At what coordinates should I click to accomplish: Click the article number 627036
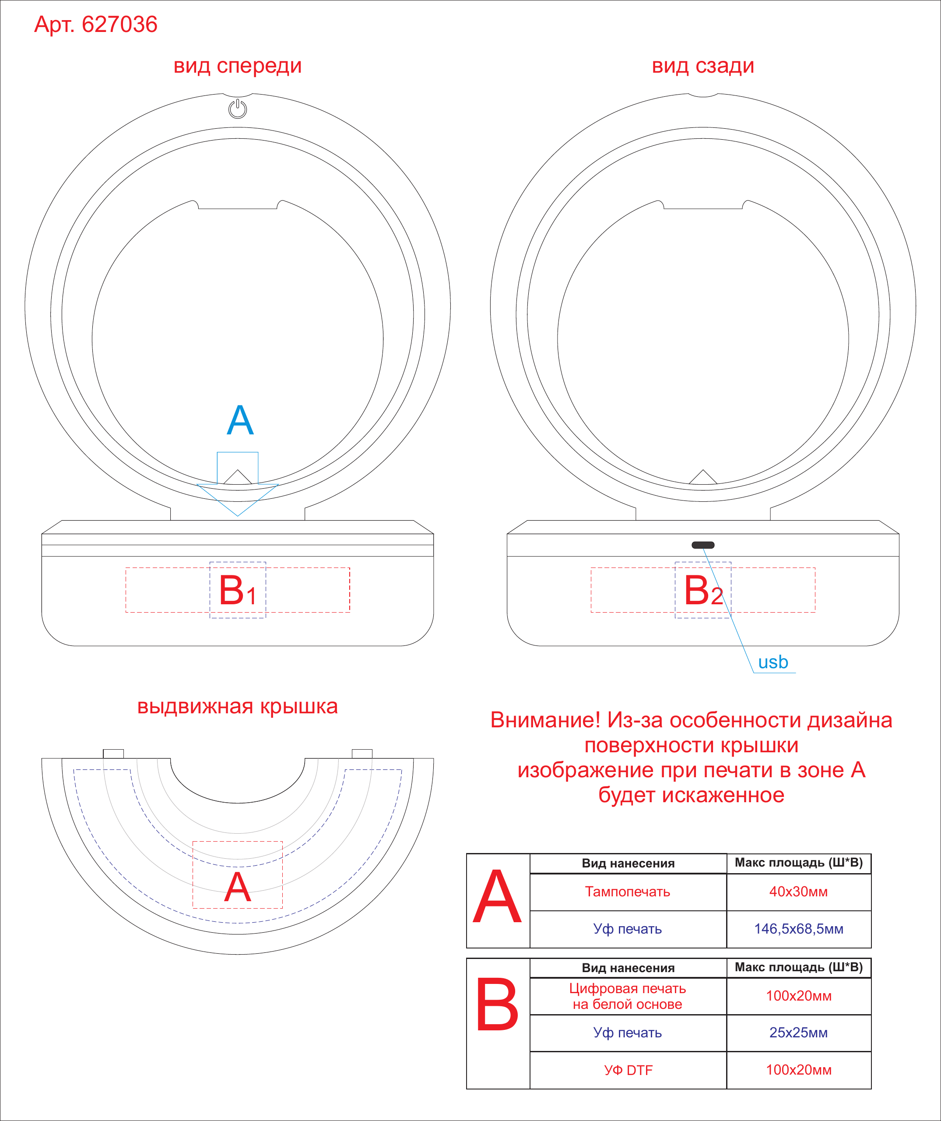[x=119, y=25]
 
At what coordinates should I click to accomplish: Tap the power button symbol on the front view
[x=237, y=109]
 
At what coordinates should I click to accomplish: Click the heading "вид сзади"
[x=703, y=66]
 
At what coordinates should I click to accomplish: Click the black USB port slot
[x=703, y=545]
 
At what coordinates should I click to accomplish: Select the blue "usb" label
[x=773, y=662]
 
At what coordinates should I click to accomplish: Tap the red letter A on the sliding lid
[x=237, y=888]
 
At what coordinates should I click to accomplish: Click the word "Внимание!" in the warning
[x=546, y=720]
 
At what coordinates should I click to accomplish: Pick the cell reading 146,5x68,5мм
[x=799, y=929]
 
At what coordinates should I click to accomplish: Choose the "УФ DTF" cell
[x=628, y=1070]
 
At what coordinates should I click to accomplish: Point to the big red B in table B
[x=497, y=1004]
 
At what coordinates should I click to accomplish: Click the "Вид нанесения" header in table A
[x=628, y=863]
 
